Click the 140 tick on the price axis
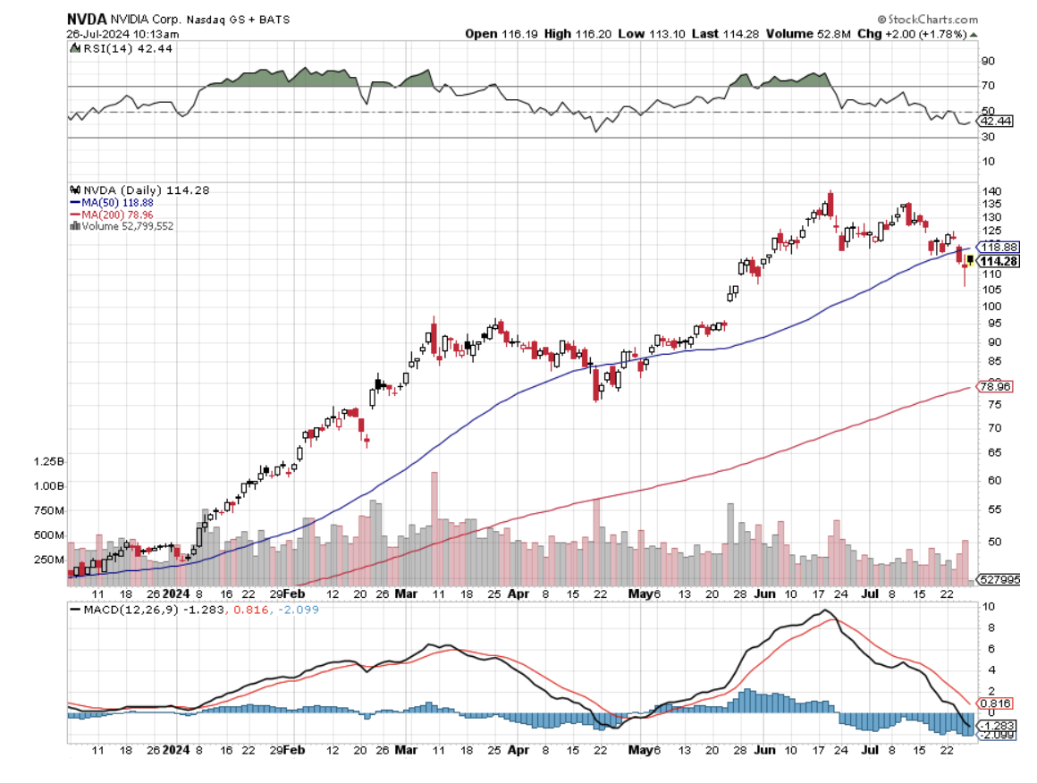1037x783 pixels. click(x=990, y=192)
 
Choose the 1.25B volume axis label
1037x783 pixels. click(x=47, y=462)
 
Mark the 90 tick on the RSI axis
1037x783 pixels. click(x=988, y=61)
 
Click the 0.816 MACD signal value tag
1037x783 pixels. click(x=997, y=703)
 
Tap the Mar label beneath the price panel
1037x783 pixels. click(x=407, y=593)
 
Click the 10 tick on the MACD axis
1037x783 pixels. click(x=988, y=608)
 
